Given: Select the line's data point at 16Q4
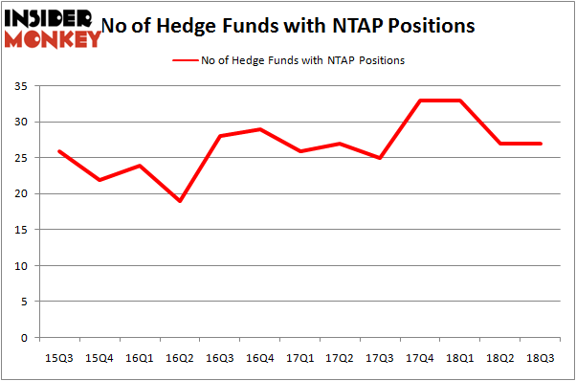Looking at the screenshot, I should click(260, 129).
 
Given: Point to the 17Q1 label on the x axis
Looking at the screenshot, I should click(299, 357).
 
